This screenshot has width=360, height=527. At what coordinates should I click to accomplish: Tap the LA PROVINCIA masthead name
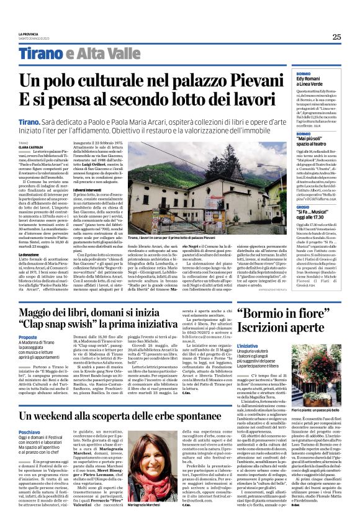pyautogui.click(x=28, y=34)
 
